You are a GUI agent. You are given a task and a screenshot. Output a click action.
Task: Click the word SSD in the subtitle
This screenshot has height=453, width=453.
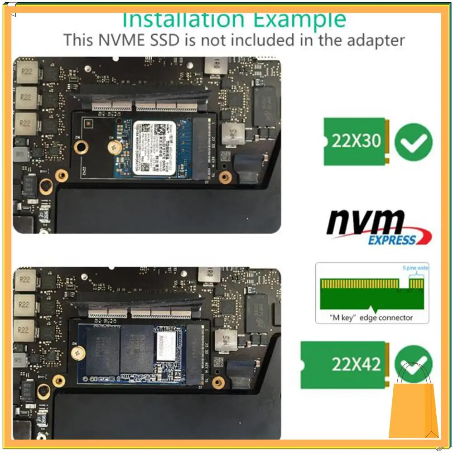pyautogui.click(x=166, y=40)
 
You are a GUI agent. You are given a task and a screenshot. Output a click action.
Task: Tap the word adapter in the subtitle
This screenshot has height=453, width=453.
pyautogui.click(x=376, y=40)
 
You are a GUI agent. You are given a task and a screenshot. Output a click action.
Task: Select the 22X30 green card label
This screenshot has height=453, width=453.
pyautogui.click(x=356, y=141)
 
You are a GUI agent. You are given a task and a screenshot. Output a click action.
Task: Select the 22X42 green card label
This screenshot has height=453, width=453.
pyautogui.click(x=356, y=364)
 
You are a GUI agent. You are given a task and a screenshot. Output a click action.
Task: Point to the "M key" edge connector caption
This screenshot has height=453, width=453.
pyautogui.click(x=371, y=318)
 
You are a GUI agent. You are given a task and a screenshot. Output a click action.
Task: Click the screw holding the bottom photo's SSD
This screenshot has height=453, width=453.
pyautogui.click(x=79, y=351)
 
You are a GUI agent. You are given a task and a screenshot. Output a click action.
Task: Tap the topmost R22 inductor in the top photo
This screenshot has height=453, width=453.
pyautogui.click(x=25, y=72)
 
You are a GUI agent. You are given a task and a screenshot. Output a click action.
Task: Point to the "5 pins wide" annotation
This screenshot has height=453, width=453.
pyautogui.click(x=415, y=268)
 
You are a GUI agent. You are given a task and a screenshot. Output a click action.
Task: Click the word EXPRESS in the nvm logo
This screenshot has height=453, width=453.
pyautogui.click(x=391, y=240)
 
